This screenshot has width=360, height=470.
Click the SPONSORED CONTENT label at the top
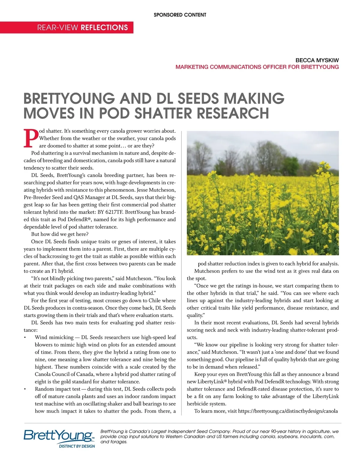click(180, 15)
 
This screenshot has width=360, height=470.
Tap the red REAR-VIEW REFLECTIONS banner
click(82, 28)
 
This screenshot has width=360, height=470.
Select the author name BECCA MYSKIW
click(317, 60)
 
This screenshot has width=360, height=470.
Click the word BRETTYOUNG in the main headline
click(69, 99)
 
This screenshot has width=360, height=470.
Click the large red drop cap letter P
click(31, 138)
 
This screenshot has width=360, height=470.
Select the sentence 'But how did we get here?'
click(60, 234)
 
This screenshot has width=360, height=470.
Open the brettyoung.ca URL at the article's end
click(288, 411)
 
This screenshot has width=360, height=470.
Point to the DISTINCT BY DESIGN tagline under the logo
click(77, 446)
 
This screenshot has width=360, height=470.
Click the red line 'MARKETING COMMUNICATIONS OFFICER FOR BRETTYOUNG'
click(257, 67)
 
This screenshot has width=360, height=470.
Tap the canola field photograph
click(263, 193)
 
